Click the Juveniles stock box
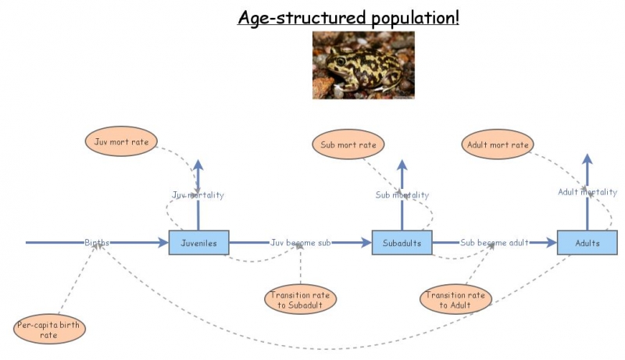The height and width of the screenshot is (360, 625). (199, 243)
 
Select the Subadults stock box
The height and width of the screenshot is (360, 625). (402, 243)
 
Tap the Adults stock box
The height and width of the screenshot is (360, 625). (587, 243)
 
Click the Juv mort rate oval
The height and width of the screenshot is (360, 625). (121, 141)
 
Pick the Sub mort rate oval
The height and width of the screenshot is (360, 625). (348, 144)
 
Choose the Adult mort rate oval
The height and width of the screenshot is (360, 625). (498, 144)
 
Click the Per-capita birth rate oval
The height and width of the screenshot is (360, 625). (49, 330)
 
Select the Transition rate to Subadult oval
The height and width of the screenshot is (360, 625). (300, 299)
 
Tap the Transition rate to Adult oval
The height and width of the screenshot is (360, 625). (455, 299)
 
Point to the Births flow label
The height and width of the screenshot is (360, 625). (96, 242)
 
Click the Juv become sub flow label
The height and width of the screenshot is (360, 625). (301, 243)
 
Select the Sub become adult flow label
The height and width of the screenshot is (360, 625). (495, 243)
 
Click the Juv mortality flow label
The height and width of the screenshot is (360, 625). (198, 194)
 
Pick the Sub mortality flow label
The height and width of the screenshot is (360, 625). (402, 194)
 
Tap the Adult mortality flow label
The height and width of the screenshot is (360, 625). (587, 192)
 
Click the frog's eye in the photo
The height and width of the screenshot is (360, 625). (341, 62)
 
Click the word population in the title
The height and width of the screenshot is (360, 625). (415, 18)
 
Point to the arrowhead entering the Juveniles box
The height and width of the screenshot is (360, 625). (163, 242)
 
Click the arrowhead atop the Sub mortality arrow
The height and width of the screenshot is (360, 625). (402, 166)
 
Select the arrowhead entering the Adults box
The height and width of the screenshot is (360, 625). (552, 242)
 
